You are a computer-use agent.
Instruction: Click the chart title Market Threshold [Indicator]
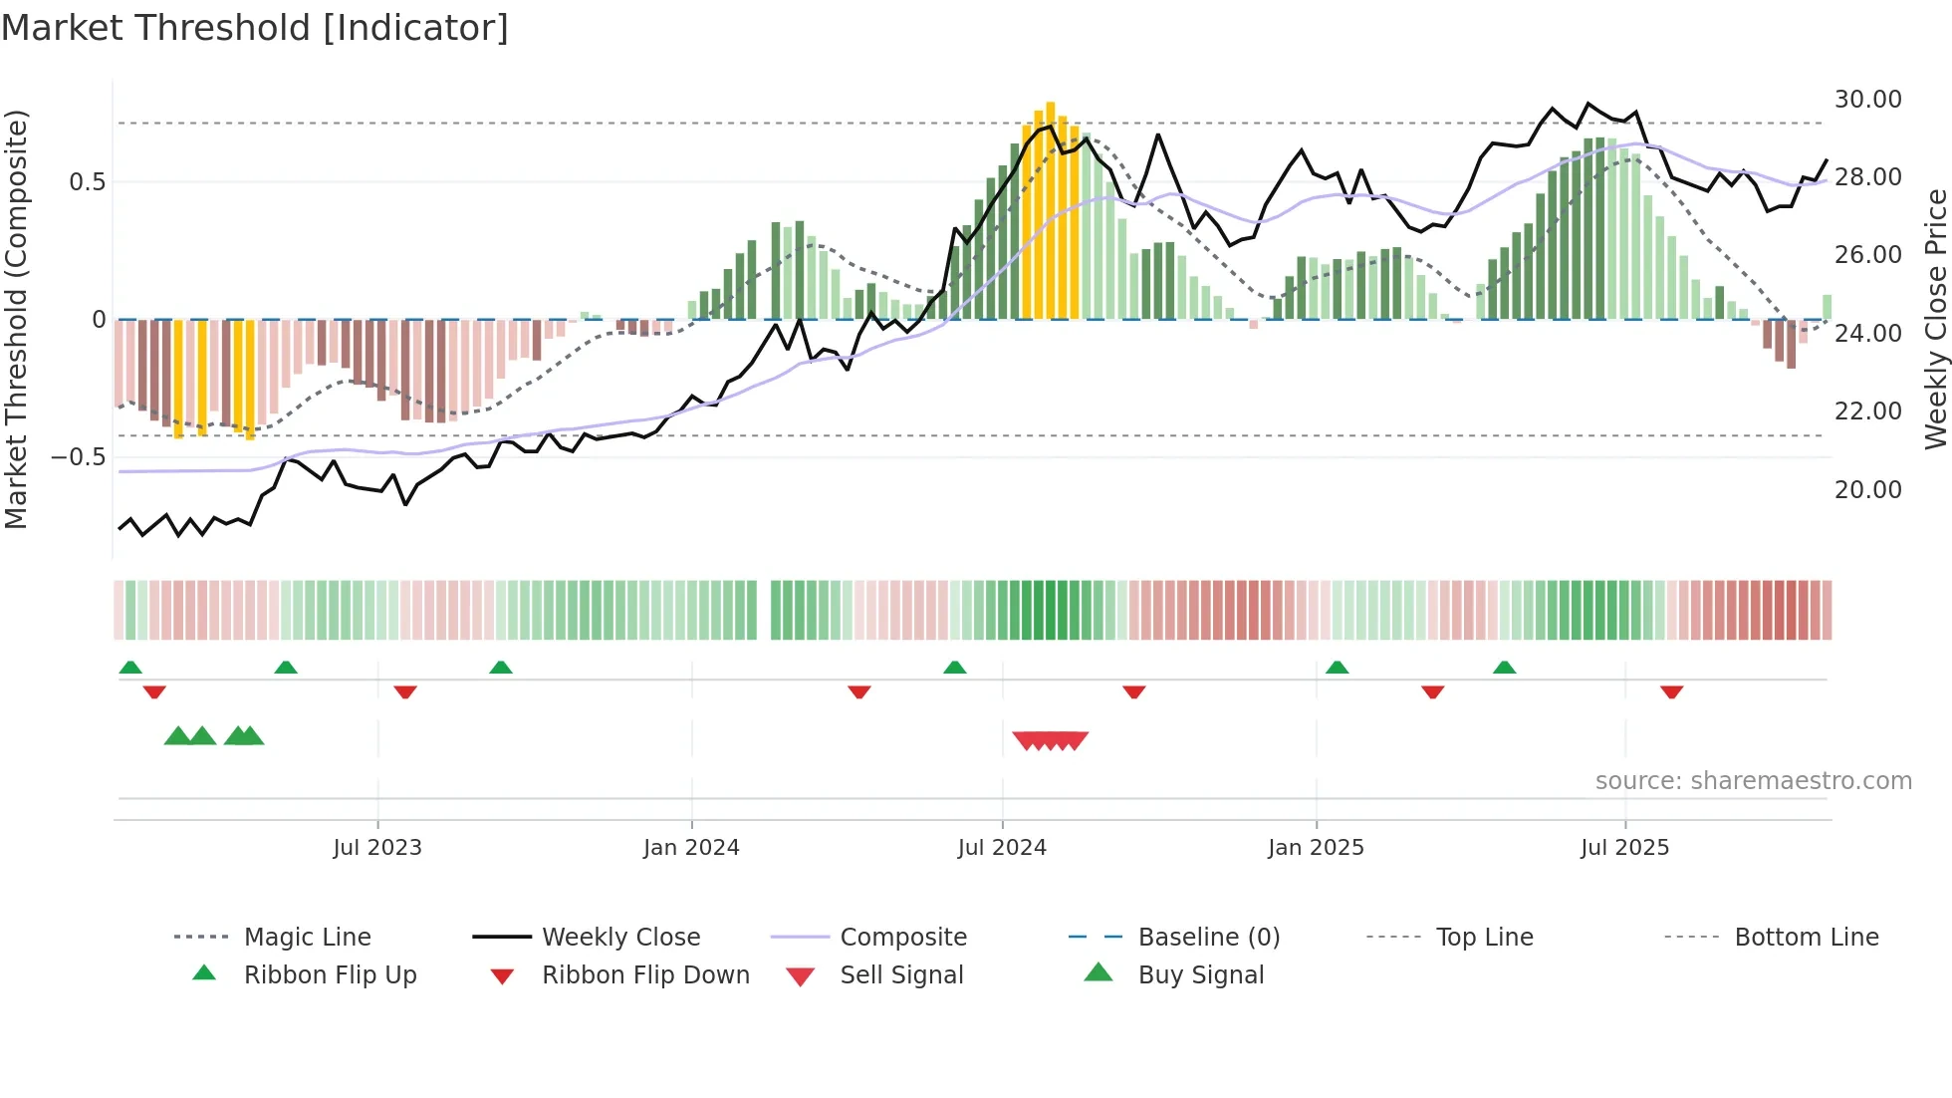(255, 28)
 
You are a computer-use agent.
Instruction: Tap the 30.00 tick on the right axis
(1867, 100)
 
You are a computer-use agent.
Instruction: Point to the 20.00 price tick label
(1867, 490)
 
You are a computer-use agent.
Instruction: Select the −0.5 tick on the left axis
(78, 457)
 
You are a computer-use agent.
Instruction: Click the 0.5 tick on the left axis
(87, 182)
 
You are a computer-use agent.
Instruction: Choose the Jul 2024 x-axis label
(1002, 848)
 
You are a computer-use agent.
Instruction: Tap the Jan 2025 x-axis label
(1316, 848)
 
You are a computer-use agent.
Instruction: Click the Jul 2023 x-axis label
(377, 848)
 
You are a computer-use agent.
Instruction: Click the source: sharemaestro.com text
(1753, 781)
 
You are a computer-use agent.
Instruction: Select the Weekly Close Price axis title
(1935, 319)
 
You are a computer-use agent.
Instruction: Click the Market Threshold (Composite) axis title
(16, 319)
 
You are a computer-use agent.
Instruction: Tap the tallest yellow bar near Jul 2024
(1051, 209)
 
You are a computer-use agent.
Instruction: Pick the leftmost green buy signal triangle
(177, 736)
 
